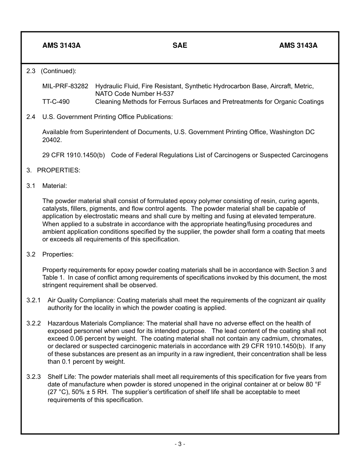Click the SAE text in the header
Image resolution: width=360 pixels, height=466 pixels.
(180, 45)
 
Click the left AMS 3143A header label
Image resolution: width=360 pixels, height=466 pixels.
(61, 45)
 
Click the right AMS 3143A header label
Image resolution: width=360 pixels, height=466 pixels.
(298, 45)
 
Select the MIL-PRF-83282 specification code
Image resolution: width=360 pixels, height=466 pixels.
(65, 86)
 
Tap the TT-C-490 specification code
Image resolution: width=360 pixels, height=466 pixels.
(56, 102)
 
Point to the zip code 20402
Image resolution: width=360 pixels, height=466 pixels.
(51, 140)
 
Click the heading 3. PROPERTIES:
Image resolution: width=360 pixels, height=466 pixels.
(53, 170)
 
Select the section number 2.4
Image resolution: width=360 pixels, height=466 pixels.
(31, 117)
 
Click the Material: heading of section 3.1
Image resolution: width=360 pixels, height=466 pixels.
(55, 186)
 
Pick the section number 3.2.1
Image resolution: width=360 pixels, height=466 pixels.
(33, 300)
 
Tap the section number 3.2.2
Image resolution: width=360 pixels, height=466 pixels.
(33, 323)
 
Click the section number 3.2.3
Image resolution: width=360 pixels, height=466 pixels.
(33, 377)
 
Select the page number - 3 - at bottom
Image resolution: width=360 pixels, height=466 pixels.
(180, 444)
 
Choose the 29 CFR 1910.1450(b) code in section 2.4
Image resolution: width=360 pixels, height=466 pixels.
(74, 155)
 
